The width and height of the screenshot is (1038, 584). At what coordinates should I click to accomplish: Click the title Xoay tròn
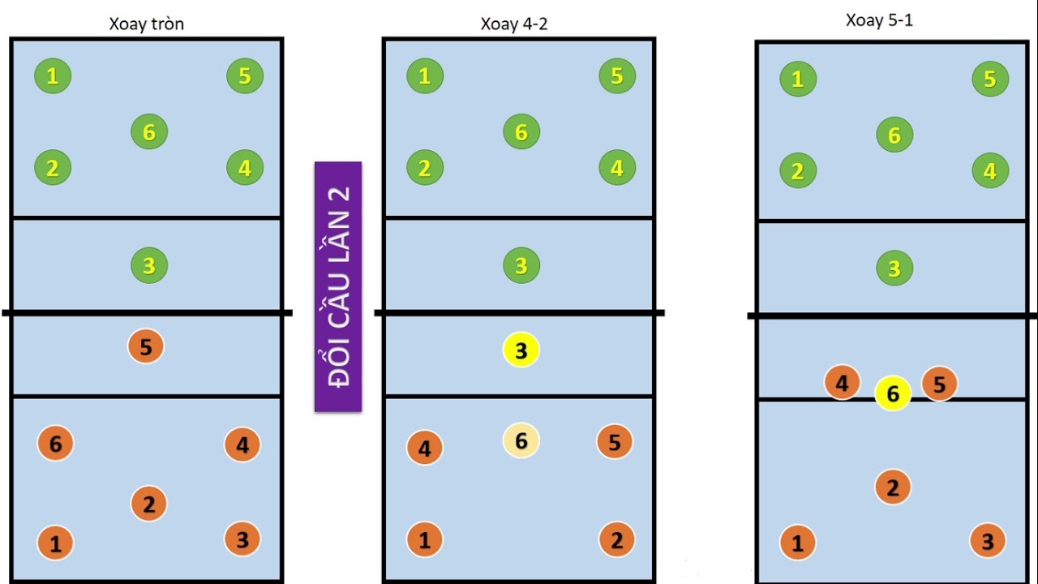(147, 24)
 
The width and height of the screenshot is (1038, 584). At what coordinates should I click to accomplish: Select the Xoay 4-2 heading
(514, 24)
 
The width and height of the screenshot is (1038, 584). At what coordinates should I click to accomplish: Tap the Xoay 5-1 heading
(879, 20)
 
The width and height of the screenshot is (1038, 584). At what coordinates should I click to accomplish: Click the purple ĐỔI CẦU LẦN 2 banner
(338, 286)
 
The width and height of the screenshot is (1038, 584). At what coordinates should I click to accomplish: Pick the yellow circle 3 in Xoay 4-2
(521, 350)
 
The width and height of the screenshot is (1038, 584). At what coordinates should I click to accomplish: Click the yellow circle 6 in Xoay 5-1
(893, 393)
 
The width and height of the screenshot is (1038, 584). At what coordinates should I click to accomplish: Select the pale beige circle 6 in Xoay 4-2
(521, 440)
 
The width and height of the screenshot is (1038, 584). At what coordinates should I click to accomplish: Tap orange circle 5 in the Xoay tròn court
(146, 346)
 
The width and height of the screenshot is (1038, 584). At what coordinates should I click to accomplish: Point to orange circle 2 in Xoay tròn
(148, 504)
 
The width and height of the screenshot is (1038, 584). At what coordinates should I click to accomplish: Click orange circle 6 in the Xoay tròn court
(55, 444)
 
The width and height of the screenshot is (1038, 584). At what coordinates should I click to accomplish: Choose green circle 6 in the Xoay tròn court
(149, 132)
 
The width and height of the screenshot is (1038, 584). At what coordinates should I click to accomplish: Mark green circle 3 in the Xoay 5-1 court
(894, 268)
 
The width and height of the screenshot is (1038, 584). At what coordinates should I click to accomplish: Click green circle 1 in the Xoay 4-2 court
(425, 76)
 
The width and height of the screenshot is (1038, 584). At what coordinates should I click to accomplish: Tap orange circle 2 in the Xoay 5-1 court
(893, 487)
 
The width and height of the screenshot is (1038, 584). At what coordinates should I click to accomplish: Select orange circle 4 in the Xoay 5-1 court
(843, 383)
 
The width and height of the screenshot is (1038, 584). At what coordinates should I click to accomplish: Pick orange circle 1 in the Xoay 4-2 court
(424, 540)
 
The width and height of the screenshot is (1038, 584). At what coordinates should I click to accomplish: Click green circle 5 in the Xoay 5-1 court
(990, 79)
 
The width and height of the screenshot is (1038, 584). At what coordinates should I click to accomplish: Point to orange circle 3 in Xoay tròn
(242, 539)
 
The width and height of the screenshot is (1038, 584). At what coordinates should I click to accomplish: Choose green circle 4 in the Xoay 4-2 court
(617, 168)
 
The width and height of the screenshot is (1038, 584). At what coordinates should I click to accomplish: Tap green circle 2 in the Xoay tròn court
(53, 168)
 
